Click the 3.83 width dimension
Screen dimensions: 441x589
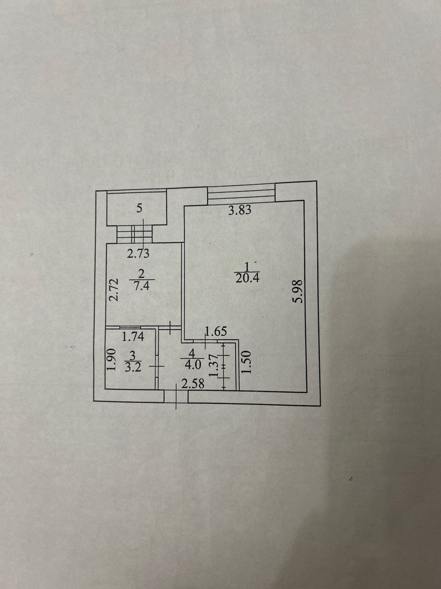click(239, 210)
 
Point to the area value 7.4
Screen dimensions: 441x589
click(142, 286)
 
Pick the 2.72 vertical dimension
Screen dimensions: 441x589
click(114, 290)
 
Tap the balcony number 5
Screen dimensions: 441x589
click(139, 208)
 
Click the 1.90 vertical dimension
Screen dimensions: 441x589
click(111, 359)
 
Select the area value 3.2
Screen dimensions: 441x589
click(133, 368)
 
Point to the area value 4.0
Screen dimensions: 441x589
click(193, 365)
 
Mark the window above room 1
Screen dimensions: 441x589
click(241, 193)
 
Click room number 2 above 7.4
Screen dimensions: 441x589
click(142, 274)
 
